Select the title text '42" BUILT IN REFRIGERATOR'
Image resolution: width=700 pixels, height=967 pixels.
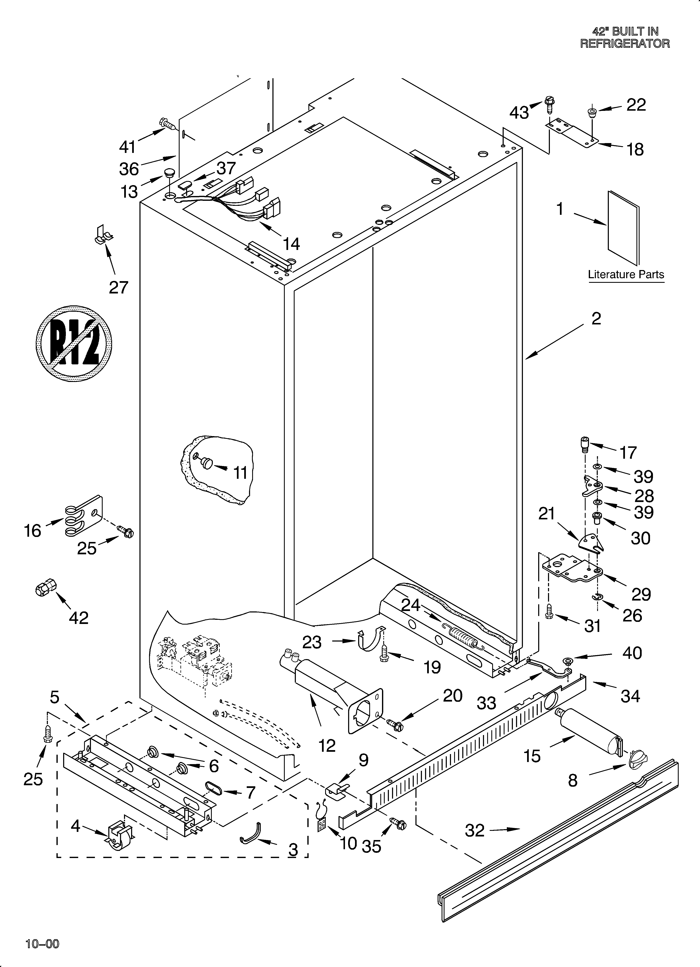(625, 37)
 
